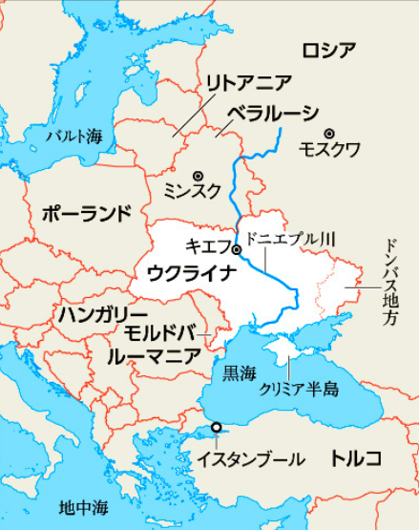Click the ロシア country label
click(x=328, y=50)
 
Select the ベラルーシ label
click(x=273, y=113)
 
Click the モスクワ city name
click(x=329, y=151)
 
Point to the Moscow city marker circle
click(x=329, y=133)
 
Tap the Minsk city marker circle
click(x=198, y=175)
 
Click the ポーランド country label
click(x=85, y=213)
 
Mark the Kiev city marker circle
click(x=237, y=250)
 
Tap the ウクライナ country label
click(x=192, y=274)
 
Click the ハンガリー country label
click(x=101, y=314)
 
